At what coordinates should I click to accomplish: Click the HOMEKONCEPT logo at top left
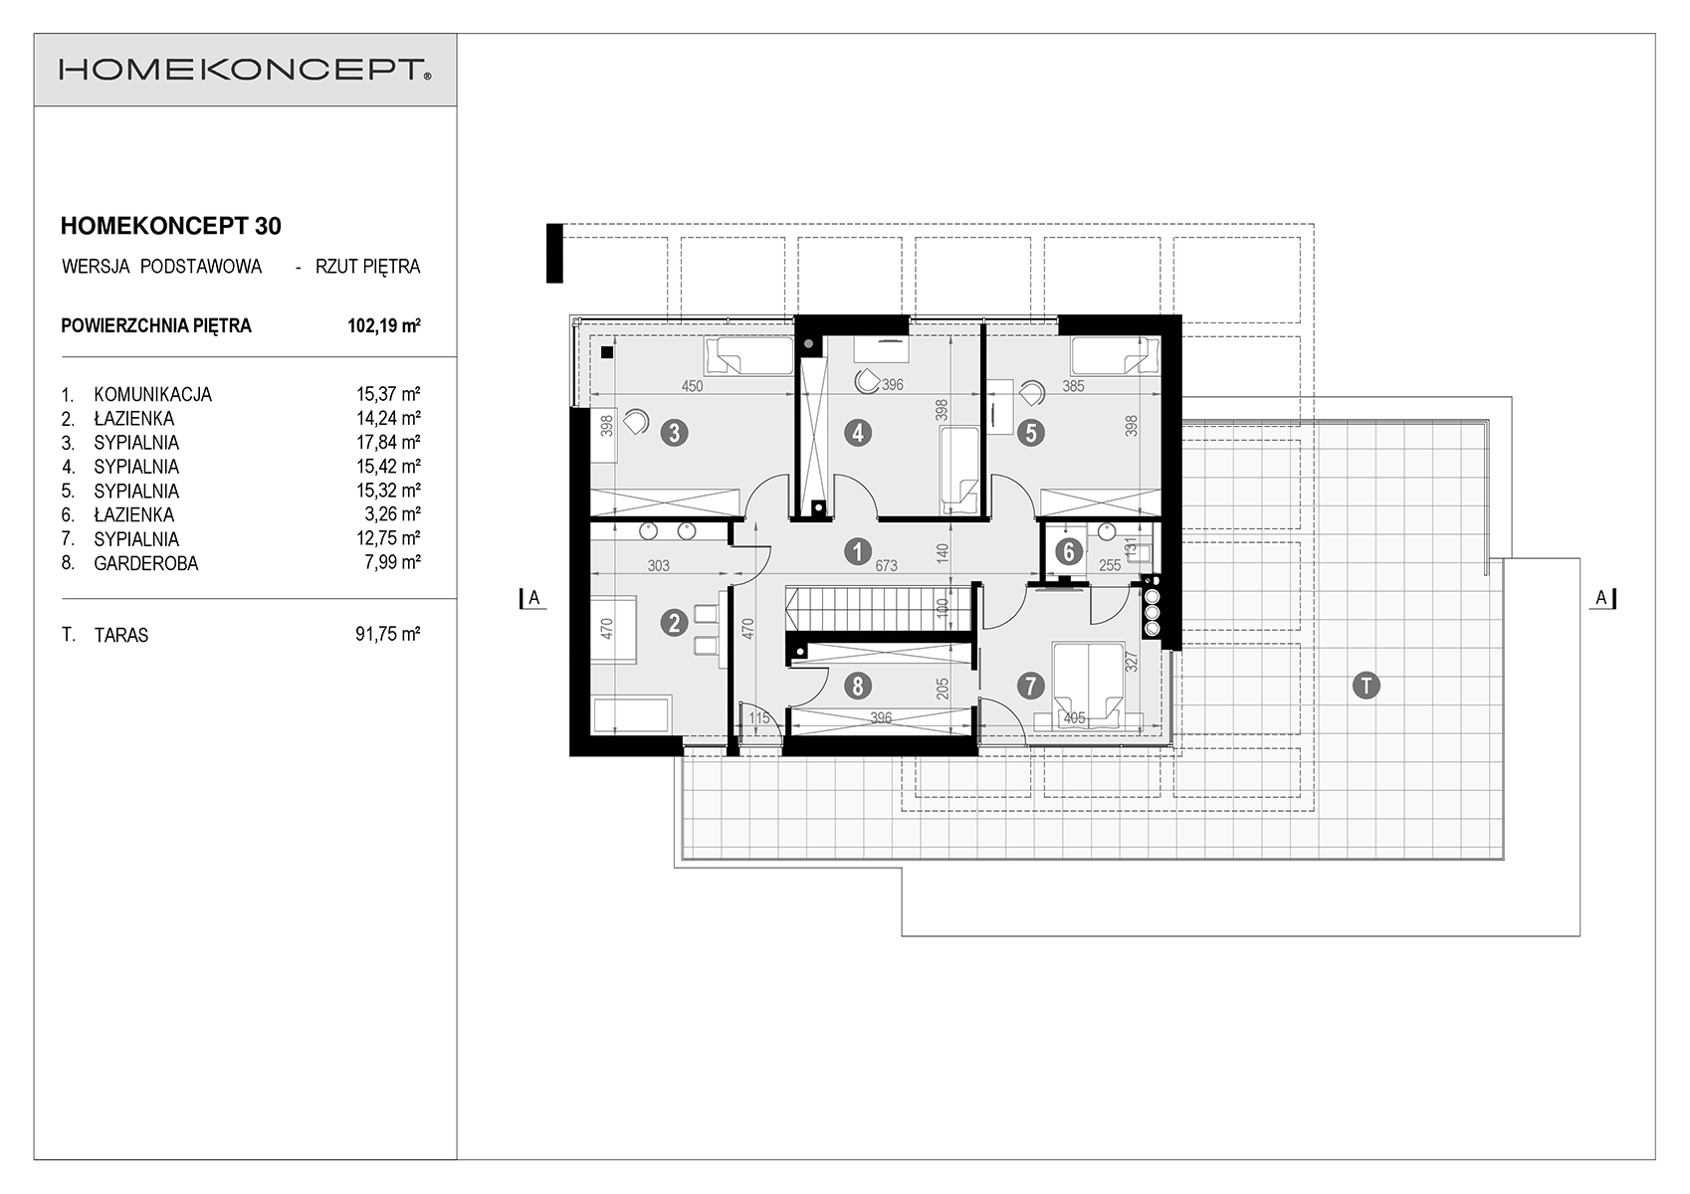tap(245, 70)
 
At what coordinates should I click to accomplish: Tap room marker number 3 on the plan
tap(674, 433)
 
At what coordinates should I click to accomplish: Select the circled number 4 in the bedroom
tap(858, 433)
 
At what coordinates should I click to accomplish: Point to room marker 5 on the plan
tap(1030, 433)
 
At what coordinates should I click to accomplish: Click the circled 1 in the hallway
tap(857, 551)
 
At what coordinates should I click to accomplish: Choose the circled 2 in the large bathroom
tap(674, 623)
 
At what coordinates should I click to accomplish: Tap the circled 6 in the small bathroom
tap(1068, 552)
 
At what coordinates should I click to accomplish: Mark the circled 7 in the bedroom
tap(1030, 686)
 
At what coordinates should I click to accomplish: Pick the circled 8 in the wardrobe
tap(858, 686)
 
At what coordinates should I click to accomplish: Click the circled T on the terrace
tap(1367, 686)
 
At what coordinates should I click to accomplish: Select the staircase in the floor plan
tap(878, 609)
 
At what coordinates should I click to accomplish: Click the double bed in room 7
tap(1088, 685)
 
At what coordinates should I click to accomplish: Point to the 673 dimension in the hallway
tap(886, 565)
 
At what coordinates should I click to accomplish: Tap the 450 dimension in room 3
tap(692, 386)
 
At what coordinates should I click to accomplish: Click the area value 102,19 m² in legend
tap(384, 325)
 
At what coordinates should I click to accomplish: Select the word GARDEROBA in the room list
tap(146, 563)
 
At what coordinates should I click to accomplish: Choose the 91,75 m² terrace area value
tap(388, 635)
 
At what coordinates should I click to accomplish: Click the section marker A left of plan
tap(532, 598)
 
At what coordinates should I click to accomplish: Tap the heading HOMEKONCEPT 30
tap(170, 226)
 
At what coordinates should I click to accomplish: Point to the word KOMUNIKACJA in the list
tap(153, 394)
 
